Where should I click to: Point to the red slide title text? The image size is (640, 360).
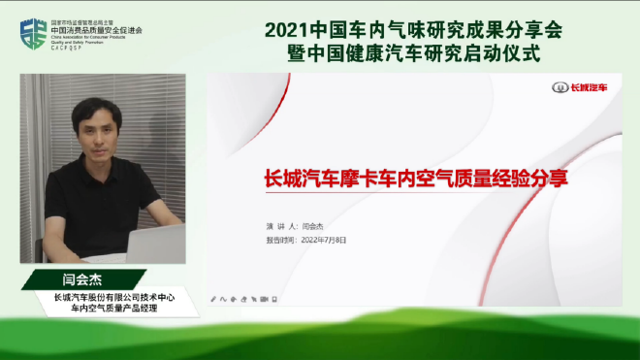(416, 180)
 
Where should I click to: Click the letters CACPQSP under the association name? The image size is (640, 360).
(75, 46)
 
